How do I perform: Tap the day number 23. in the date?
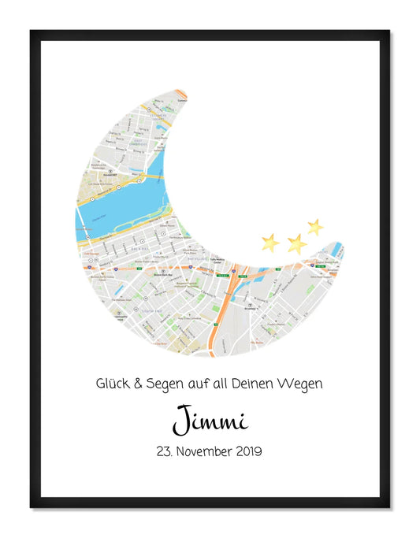pyautogui.click(x=168, y=452)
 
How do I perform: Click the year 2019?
pyautogui.click(x=250, y=452)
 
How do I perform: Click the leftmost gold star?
pyautogui.click(x=270, y=242)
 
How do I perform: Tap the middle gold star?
pyautogui.click(x=296, y=243)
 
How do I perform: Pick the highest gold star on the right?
pyautogui.click(x=315, y=227)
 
